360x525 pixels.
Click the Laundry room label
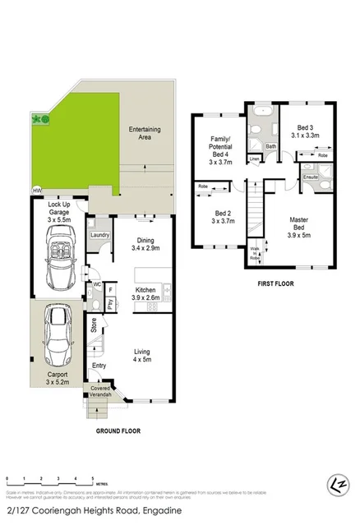pyautogui.click(x=101, y=236)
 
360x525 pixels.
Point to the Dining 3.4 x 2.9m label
pyautogui.click(x=145, y=242)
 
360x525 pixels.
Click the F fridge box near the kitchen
pyautogui.click(x=111, y=288)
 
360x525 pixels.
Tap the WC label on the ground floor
pyautogui.click(x=95, y=285)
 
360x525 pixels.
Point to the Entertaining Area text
pyautogui.click(x=146, y=135)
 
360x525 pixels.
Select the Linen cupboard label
pyautogui.click(x=255, y=158)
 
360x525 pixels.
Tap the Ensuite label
pyautogui.click(x=311, y=177)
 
